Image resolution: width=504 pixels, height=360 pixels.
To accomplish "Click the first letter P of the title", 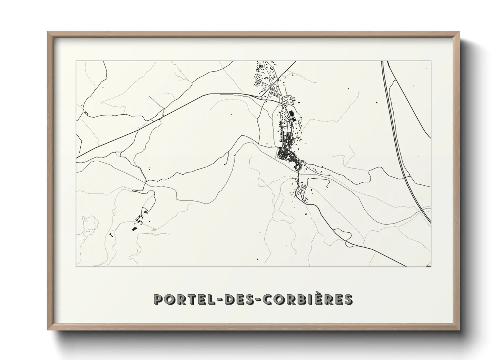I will point(158,300).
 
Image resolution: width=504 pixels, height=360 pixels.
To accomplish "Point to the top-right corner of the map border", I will point(431,61).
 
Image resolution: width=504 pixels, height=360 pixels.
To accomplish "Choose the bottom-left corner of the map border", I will point(76,267).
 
